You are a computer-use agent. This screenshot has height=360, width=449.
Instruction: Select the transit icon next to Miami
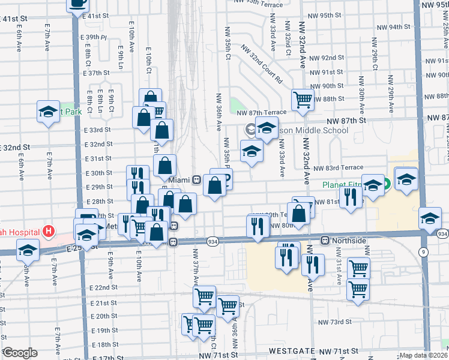click(196, 180)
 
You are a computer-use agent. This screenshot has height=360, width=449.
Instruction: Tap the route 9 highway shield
click(424, 252)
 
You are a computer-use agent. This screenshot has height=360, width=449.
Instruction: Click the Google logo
click(20, 353)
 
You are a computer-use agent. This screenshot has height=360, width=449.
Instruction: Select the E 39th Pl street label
click(95, 37)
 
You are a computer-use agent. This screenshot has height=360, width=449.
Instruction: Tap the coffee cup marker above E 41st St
click(77, 3)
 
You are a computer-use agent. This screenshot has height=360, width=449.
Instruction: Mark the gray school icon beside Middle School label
click(250, 129)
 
